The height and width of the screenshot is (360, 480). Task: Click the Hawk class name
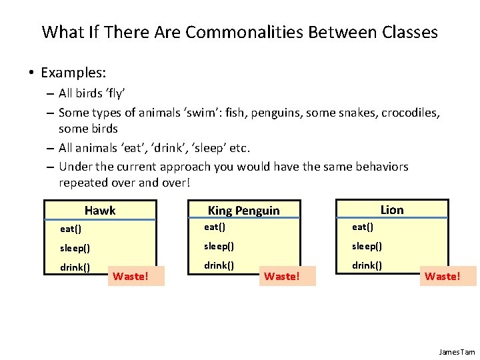click(x=100, y=211)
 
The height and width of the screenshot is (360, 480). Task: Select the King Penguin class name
click(x=243, y=211)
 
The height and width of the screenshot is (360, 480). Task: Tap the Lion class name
click(x=392, y=210)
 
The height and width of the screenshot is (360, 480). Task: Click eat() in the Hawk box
click(x=71, y=229)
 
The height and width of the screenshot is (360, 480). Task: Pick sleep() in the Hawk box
click(x=75, y=248)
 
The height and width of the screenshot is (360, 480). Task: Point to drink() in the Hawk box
click(x=75, y=267)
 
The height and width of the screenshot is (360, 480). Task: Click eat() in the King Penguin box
click(x=215, y=227)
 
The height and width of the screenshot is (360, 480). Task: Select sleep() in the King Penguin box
click(x=219, y=246)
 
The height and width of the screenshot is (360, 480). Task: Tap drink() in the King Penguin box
click(x=219, y=265)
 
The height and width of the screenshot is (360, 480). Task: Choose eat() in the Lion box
click(x=363, y=227)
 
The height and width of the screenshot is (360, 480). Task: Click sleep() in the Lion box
click(x=367, y=246)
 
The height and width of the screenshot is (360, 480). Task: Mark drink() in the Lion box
click(x=367, y=265)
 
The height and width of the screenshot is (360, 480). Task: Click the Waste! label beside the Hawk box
click(x=131, y=276)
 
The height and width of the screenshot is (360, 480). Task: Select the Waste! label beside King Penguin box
click(x=282, y=276)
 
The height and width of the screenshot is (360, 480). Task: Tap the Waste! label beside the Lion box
click(x=443, y=275)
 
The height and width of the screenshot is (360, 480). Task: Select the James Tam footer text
click(x=457, y=351)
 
